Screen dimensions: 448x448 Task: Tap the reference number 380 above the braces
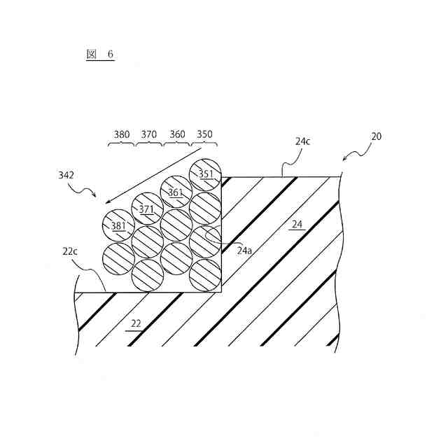(x=121, y=134)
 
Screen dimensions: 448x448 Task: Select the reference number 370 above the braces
(x=148, y=134)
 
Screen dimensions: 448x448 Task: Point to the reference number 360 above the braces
(x=176, y=134)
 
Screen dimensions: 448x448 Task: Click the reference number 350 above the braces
(x=204, y=134)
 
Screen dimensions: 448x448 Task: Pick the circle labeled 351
(x=206, y=175)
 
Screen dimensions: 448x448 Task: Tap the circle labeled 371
(x=146, y=209)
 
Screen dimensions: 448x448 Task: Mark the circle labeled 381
(x=118, y=225)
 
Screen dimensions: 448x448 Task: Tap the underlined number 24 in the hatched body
(x=297, y=225)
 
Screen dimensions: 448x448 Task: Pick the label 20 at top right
(x=376, y=136)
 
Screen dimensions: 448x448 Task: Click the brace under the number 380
(x=121, y=144)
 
